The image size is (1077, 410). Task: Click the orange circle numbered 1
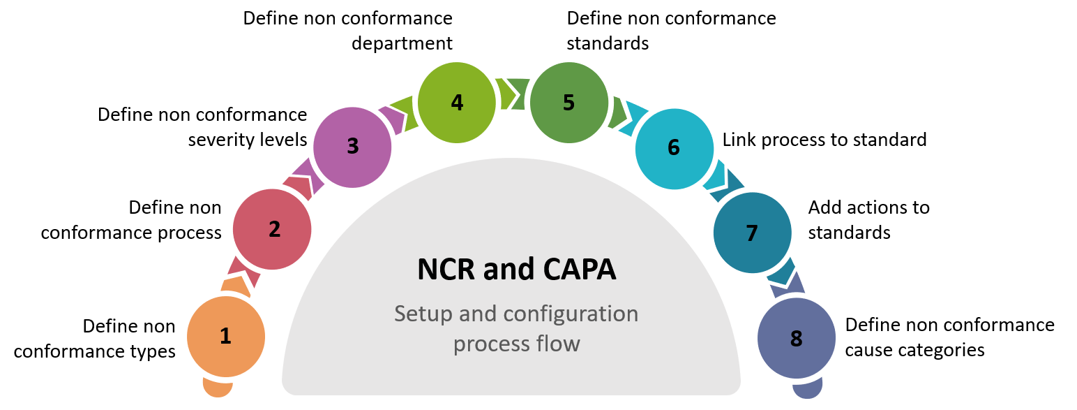point(226,337)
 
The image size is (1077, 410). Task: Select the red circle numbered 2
point(274,229)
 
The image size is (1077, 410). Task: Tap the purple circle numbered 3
point(352,147)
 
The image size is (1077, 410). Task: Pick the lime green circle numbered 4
point(457,103)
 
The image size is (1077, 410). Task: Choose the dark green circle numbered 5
point(568,103)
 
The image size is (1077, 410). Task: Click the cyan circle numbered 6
point(673,148)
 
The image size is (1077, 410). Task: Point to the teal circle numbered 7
point(752,233)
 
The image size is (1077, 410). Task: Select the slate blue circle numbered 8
point(797,339)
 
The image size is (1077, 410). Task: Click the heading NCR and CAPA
point(516,270)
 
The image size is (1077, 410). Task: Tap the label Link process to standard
point(824,140)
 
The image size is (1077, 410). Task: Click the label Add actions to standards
point(868,219)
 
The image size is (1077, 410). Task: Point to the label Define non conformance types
point(95,338)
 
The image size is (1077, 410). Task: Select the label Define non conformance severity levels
point(202,126)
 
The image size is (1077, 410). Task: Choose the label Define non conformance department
point(347,30)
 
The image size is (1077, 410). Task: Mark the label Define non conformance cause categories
point(949,337)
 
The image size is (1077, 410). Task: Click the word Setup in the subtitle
point(425,314)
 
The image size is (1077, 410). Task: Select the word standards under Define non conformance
point(608,43)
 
